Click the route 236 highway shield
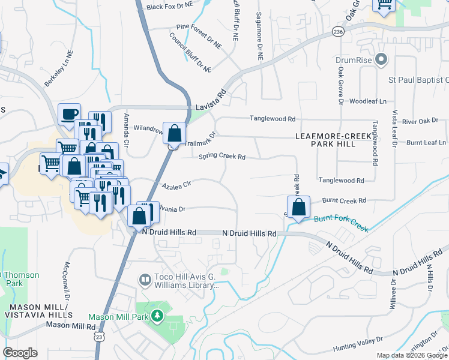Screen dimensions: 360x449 click(x=339, y=31)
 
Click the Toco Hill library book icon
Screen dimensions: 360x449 click(x=145, y=280)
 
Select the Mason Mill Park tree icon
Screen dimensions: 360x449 click(x=157, y=316)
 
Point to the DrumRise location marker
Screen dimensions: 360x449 click(x=381, y=59)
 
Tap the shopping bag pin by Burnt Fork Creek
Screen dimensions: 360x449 click(x=298, y=208)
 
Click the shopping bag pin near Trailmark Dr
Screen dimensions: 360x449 click(x=174, y=133)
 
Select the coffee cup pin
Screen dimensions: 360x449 click(x=69, y=113)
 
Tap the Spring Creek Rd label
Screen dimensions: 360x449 click(x=222, y=157)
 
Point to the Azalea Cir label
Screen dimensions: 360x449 click(x=175, y=184)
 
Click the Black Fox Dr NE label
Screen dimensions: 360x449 click(x=170, y=7)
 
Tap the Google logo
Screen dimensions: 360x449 click(x=20, y=353)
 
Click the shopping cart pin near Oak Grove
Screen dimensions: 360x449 click(x=384, y=5)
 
